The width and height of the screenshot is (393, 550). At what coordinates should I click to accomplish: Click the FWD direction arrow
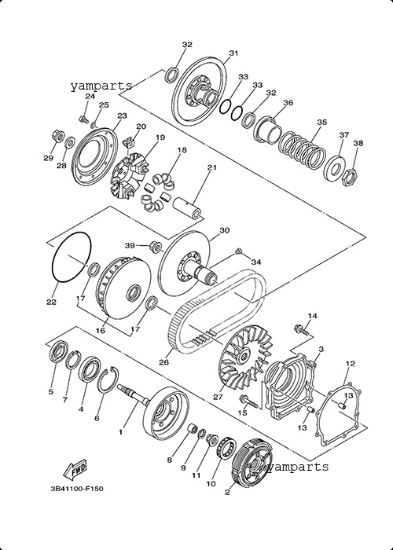pos(75,469)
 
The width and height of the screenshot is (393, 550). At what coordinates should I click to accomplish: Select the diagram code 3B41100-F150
pos(77,488)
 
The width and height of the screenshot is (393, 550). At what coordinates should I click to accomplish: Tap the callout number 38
pos(358,143)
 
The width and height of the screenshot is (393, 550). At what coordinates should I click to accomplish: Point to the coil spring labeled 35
pos(302,151)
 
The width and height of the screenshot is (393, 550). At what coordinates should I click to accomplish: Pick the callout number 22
pos(52,302)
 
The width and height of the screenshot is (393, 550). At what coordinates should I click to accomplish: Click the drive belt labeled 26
pos(218,308)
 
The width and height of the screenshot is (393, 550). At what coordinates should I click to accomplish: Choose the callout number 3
pos(321,350)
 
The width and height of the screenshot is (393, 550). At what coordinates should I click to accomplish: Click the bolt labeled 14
pos(301,329)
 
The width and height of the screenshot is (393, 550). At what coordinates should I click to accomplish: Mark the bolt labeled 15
pos(249,401)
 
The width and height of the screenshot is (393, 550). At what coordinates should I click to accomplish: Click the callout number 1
pos(120,432)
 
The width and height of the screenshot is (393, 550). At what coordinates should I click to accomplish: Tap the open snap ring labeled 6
pos(108,379)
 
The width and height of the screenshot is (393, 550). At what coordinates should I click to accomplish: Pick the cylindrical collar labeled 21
pos(187,210)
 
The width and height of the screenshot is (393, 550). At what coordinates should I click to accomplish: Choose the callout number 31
pos(233,53)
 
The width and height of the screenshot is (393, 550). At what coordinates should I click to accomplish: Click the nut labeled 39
pos(156,245)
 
